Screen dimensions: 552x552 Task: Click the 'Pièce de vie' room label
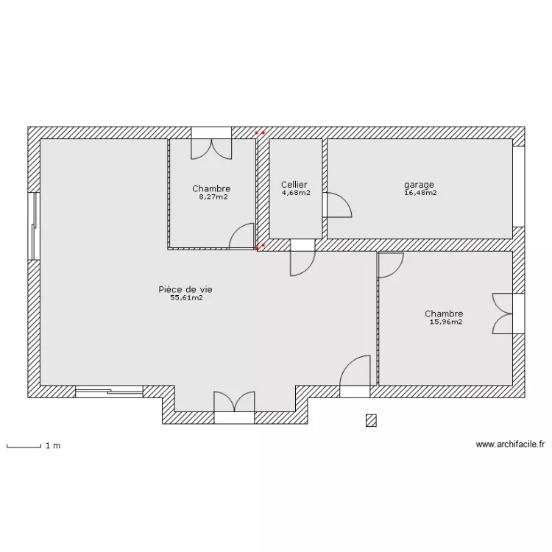[185, 289]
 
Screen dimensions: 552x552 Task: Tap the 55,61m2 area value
[187, 298]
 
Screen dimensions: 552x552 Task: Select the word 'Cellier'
[294, 185]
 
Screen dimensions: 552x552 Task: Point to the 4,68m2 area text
[296, 193]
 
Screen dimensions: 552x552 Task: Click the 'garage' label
[419, 185]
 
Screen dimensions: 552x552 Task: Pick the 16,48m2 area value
[421, 193]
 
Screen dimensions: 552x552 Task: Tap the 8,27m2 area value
[213, 197]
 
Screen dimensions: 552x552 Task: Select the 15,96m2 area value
[446, 322]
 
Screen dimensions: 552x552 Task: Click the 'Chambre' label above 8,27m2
[211, 188]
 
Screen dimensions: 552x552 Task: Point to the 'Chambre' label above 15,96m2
[444, 314]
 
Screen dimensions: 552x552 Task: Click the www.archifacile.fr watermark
[510, 445]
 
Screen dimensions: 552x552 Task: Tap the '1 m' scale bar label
[53, 446]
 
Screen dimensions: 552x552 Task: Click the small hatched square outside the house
[371, 421]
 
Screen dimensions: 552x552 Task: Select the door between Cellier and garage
[337, 205]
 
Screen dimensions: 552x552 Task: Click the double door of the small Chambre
[211, 144]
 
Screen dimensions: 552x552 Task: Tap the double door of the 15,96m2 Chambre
[509, 314]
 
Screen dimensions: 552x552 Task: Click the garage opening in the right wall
[519, 187]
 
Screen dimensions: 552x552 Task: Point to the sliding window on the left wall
[34, 227]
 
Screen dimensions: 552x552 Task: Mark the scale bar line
[24, 447]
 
